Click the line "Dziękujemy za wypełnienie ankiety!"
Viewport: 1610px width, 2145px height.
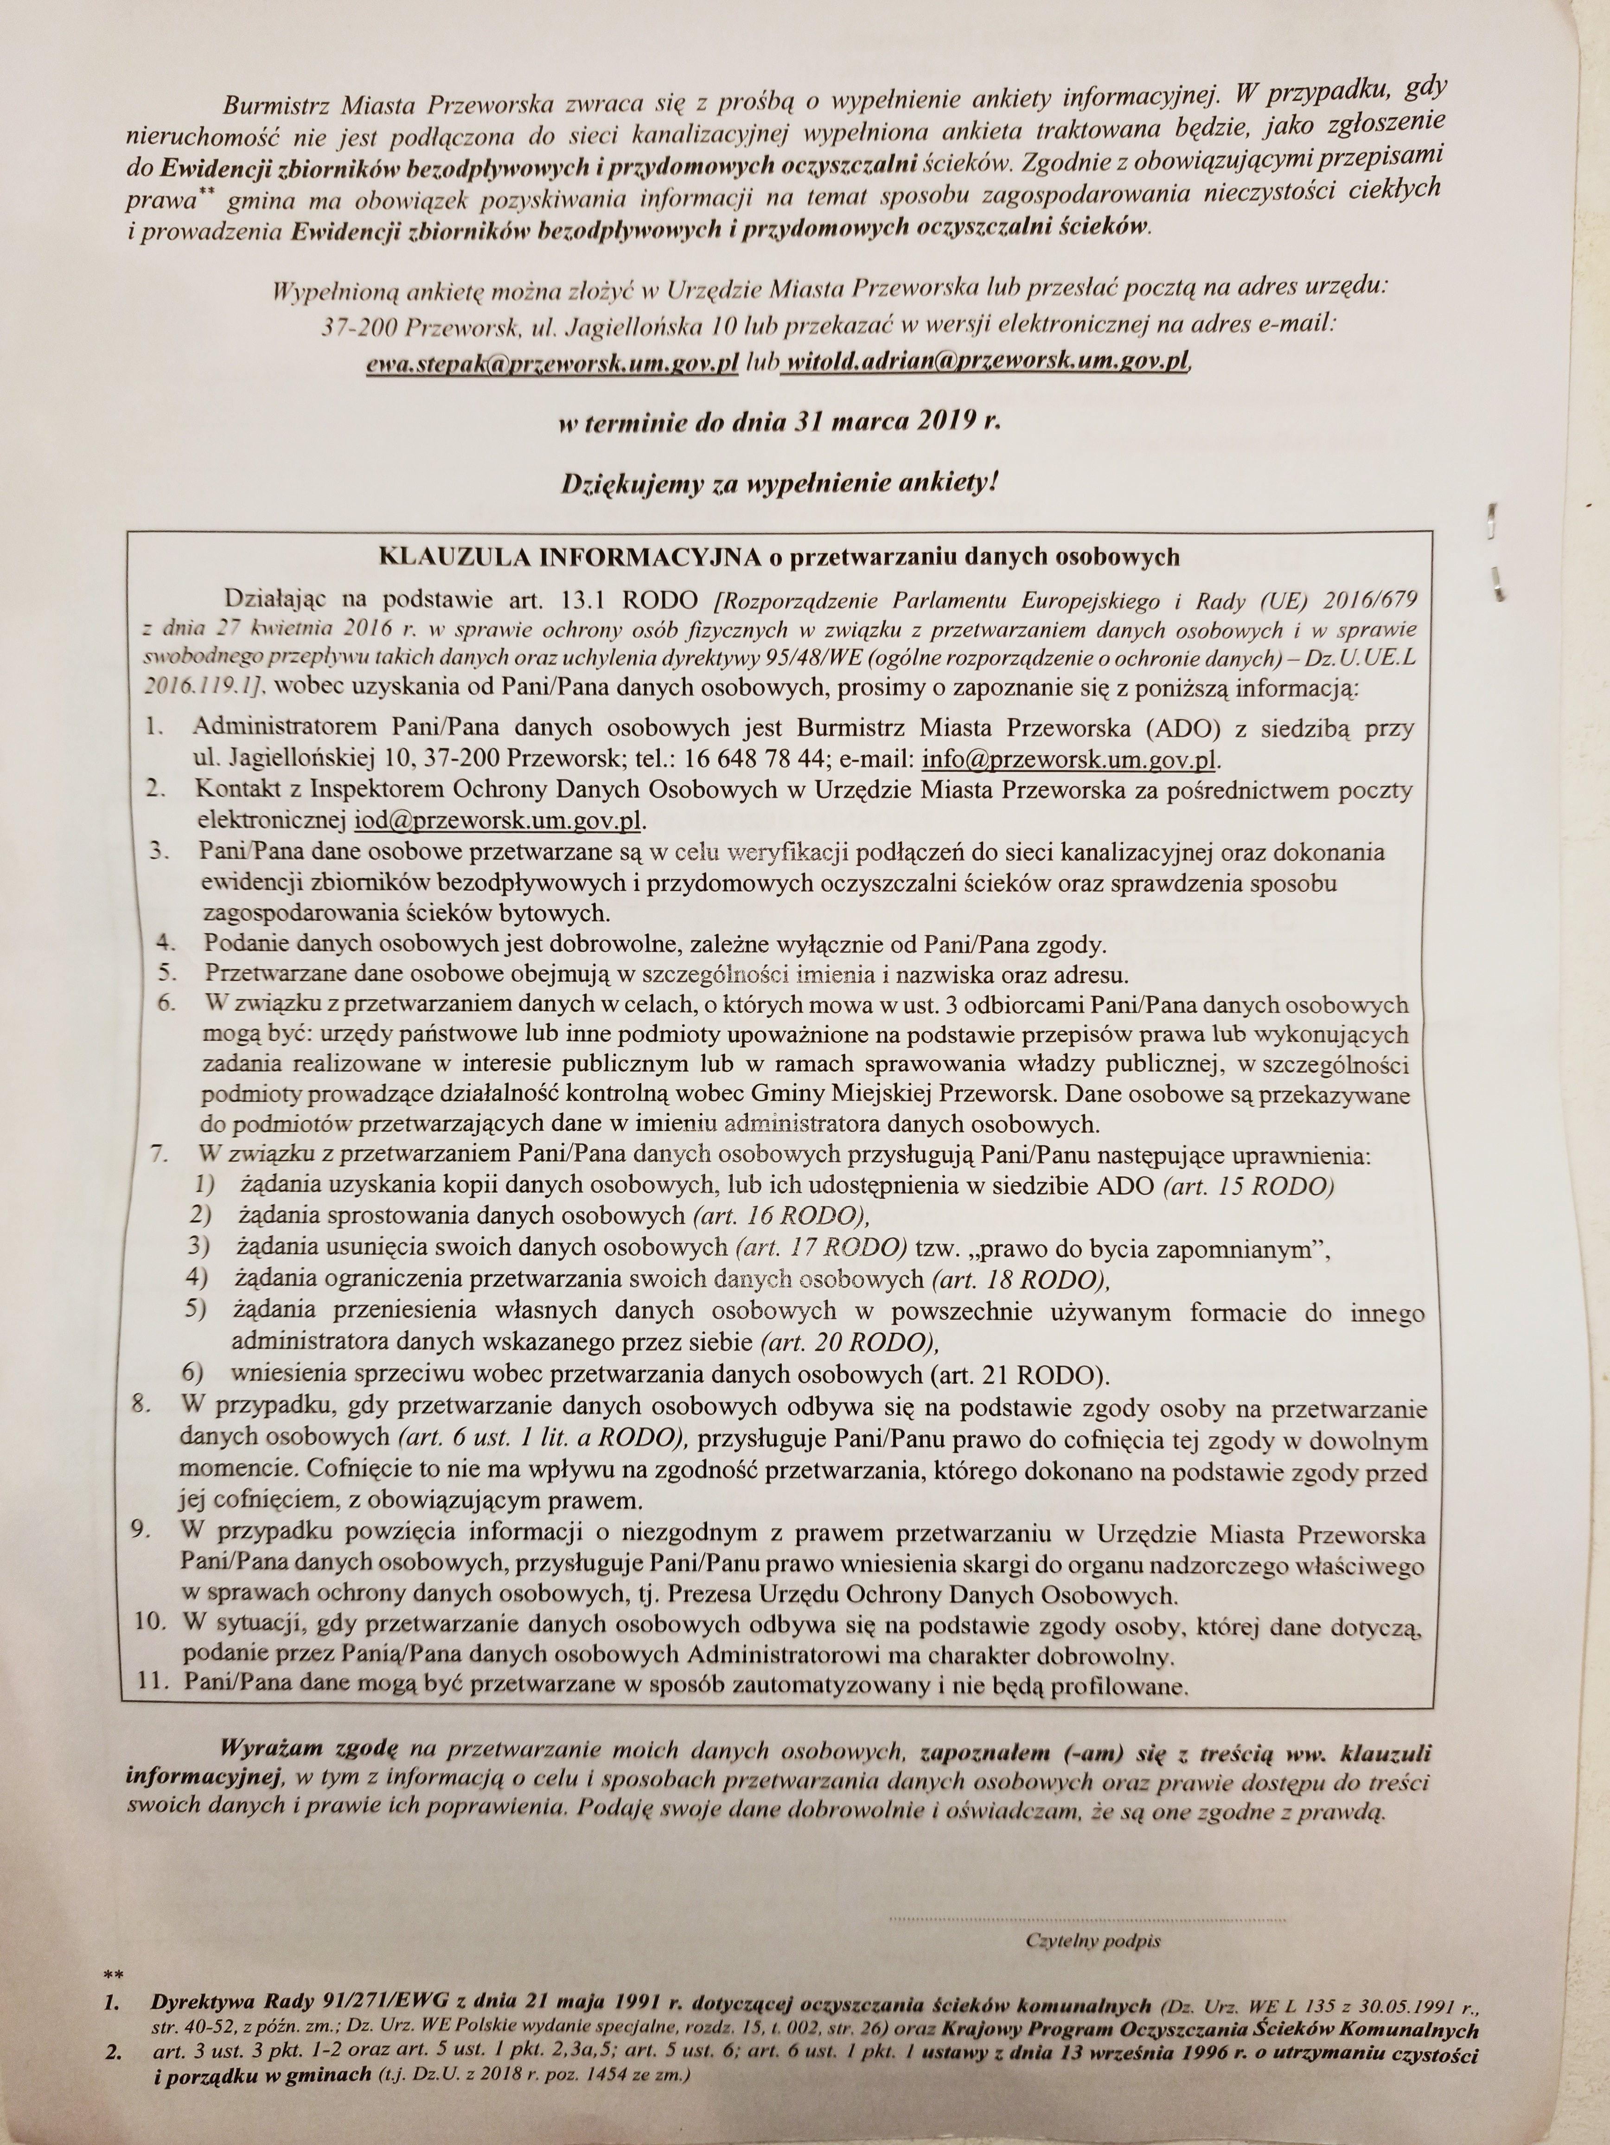779,485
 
